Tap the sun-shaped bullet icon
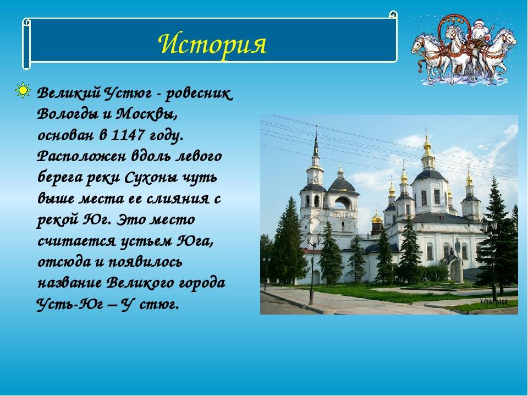[x=23, y=90]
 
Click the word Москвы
[x=147, y=114]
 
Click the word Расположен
[x=81, y=157]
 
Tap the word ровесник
[x=199, y=94]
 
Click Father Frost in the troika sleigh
[x=479, y=30]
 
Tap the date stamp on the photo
[x=494, y=302]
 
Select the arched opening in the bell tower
[x=343, y=204]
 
